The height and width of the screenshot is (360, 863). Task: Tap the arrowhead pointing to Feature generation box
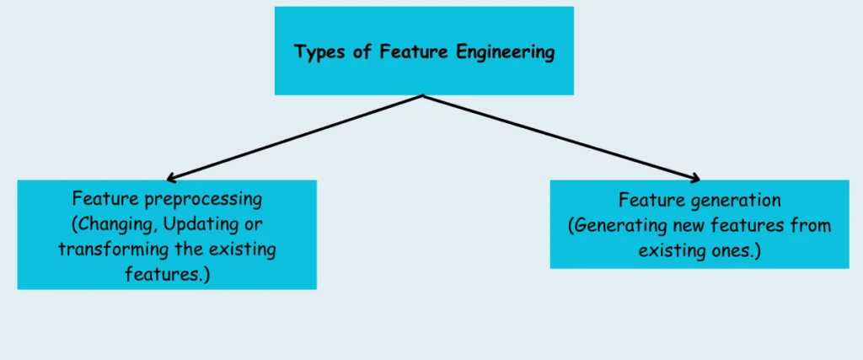pyautogui.click(x=695, y=178)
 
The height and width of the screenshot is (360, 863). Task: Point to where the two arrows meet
pyautogui.click(x=423, y=95)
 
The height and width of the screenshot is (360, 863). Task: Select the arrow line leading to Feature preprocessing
pyautogui.click(x=295, y=137)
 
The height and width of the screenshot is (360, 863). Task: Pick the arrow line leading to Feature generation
pyautogui.click(x=560, y=137)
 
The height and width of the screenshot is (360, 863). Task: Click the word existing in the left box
pyautogui.click(x=244, y=250)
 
